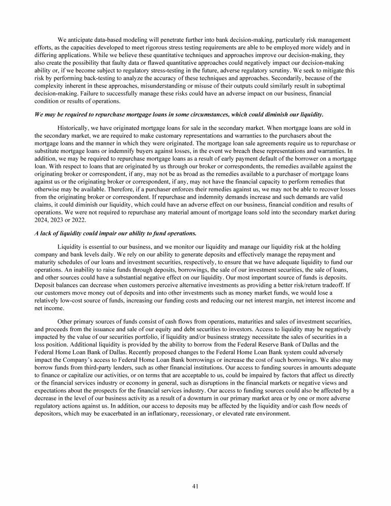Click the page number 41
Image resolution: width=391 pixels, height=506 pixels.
[x=195, y=486]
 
